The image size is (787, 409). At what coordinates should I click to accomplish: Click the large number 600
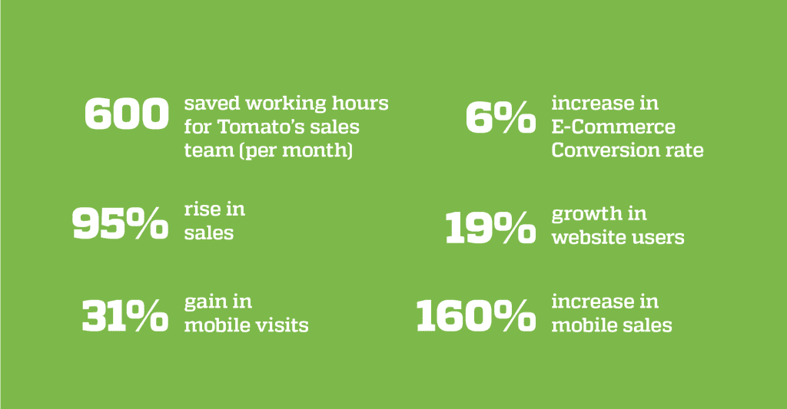pyautogui.click(x=127, y=114)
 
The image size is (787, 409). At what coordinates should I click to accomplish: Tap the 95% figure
pyautogui.click(x=121, y=223)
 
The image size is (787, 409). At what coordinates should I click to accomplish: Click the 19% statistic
pyautogui.click(x=490, y=227)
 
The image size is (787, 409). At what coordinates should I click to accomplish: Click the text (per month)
pyautogui.click(x=296, y=151)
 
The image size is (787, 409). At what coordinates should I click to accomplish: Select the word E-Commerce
pyautogui.click(x=613, y=127)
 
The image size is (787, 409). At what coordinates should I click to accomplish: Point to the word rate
pyautogui.click(x=685, y=150)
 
